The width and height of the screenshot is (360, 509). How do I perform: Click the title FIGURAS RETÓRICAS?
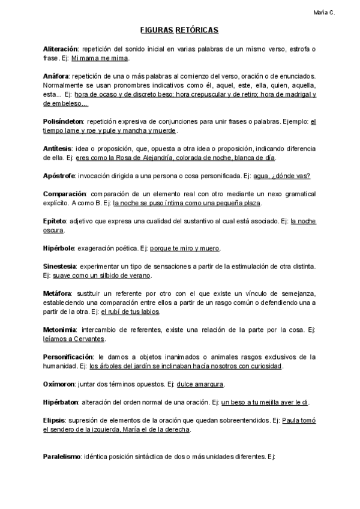179,29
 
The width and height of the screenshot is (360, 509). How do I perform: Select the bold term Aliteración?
60,48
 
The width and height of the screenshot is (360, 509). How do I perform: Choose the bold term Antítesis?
58,148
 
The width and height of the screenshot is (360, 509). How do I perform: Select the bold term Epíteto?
55,221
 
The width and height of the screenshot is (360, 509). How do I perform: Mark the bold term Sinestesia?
60,266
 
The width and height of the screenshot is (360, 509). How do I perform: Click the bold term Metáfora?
57,293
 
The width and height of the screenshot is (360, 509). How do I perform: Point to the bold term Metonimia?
59,330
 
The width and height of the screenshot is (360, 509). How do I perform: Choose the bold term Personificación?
68,357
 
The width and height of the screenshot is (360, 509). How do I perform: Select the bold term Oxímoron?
59,384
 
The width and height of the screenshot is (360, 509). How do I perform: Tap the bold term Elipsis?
55,420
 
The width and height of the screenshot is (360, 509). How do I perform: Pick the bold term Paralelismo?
62,457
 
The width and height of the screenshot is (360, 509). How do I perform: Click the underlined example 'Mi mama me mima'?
100,58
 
